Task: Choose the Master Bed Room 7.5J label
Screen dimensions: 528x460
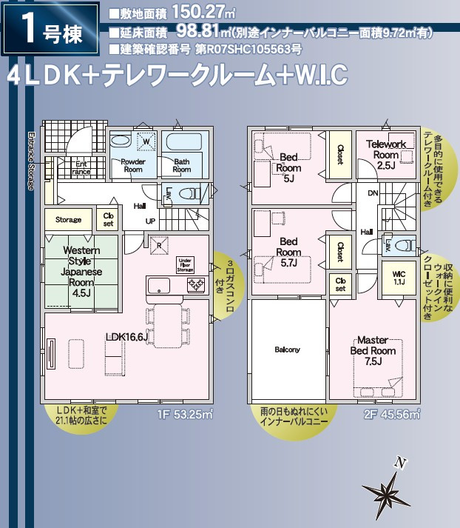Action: tap(373, 355)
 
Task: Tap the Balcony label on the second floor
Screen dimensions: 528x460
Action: tap(287, 350)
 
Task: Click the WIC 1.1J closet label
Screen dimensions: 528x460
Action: tap(399, 278)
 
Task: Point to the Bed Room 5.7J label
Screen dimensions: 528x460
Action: tap(288, 252)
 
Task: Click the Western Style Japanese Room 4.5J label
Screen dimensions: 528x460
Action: tap(77, 271)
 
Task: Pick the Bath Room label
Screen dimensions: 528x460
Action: tap(182, 165)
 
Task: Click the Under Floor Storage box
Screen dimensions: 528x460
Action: tap(186, 264)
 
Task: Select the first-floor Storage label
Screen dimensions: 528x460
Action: tap(69, 220)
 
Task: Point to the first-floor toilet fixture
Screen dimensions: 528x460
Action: tap(191, 194)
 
